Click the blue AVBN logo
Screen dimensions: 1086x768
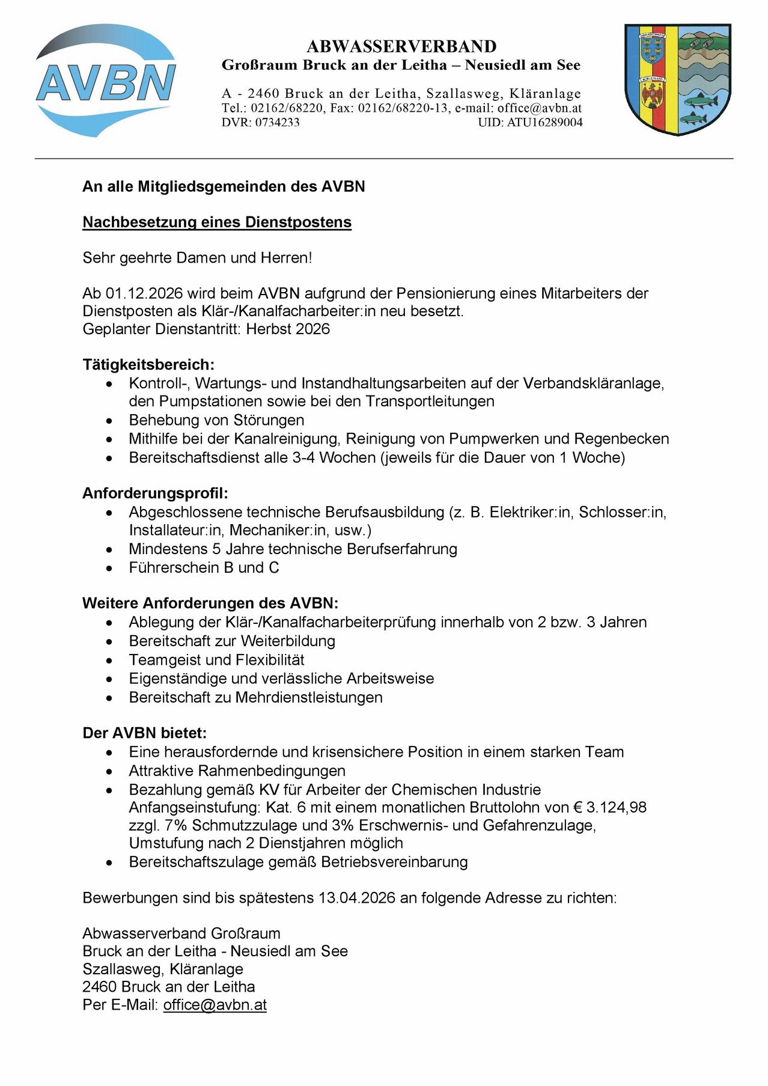(x=106, y=81)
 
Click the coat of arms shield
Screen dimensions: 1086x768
(x=677, y=79)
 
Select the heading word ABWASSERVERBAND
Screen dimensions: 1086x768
(x=401, y=46)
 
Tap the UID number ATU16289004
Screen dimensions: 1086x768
(x=544, y=123)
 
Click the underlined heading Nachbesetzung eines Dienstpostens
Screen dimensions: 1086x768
(x=217, y=222)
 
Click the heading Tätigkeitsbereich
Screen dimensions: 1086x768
(x=148, y=365)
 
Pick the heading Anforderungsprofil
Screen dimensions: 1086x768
(x=155, y=494)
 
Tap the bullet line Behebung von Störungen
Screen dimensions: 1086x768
(x=216, y=420)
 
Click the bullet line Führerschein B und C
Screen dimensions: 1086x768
(x=204, y=568)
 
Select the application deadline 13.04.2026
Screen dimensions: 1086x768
(x=357, y=898)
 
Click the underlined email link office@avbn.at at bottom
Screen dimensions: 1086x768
(x=215, y=1005)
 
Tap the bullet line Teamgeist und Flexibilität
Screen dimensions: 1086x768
(x=216, y=660)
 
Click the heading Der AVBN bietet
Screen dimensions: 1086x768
(x=144, y=733)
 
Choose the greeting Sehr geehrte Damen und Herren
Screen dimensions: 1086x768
(x=197, y=258)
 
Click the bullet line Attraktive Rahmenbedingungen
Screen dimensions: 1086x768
(x=237, y=771)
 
